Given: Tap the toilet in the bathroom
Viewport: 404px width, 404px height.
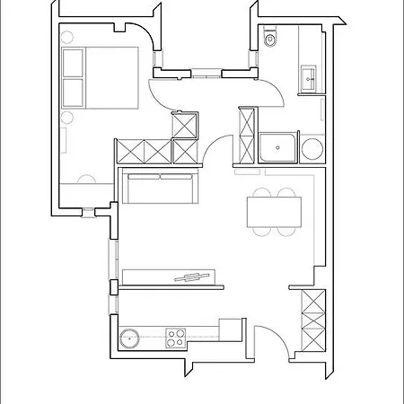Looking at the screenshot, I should (272, 39).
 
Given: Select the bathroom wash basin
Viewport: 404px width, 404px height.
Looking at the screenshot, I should (311, 76).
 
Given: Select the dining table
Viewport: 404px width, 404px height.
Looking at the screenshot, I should (274, 212).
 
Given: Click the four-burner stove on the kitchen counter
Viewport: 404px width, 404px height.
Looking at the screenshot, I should (176, 338).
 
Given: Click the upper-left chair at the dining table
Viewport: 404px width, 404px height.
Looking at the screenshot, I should (262, 192).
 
